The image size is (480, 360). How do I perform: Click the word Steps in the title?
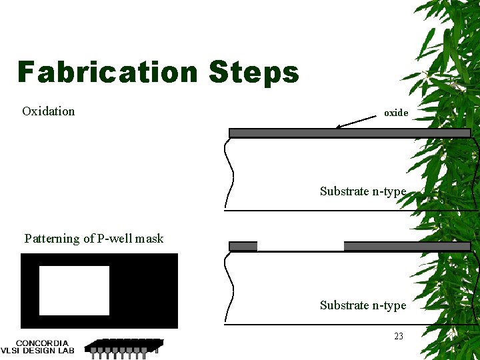pos(253,72)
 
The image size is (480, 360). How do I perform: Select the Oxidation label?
pos(48,111)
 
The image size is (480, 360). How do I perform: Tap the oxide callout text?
pos(395,113)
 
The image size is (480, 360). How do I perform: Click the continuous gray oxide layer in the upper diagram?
pos(349,133)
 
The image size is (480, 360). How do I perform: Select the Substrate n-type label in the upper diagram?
pos(363,191)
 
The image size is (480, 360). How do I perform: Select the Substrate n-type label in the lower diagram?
pos(363,305)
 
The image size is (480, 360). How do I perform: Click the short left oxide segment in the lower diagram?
pos(243,246)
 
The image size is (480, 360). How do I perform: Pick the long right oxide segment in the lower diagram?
pos(407,246)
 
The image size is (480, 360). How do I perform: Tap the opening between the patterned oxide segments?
pos(300,246)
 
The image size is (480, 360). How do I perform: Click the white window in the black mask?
pos(74,291)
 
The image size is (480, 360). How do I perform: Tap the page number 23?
pos(398,336)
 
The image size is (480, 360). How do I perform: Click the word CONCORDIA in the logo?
pos(42,343)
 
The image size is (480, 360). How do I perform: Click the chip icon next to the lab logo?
pos(124,346)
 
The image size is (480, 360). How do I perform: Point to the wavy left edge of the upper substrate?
pos(230,173)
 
